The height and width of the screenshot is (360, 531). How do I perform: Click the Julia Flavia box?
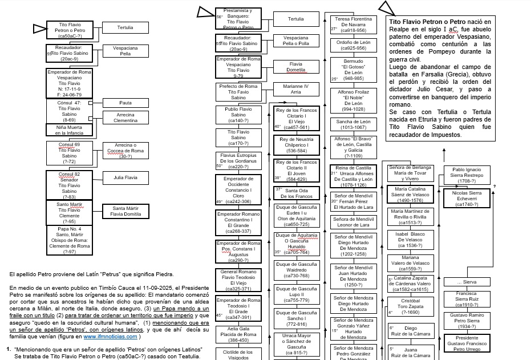coord(125,177)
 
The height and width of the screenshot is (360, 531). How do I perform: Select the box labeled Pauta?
coord(125,103)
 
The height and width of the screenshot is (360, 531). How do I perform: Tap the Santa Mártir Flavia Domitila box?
coord(125,212)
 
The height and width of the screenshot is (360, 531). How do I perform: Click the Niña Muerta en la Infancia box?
coord(68,130)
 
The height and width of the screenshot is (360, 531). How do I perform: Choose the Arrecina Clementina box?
coord(125,118)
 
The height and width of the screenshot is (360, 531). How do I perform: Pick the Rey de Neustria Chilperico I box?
coord(295,145)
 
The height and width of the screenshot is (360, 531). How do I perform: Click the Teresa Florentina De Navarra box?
coord(354,25)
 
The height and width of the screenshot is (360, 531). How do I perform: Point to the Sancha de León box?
coord(354,124)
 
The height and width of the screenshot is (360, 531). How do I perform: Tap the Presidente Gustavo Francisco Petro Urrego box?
coord(467,341)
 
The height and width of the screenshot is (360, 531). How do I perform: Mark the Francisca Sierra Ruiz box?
coord(467,300)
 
